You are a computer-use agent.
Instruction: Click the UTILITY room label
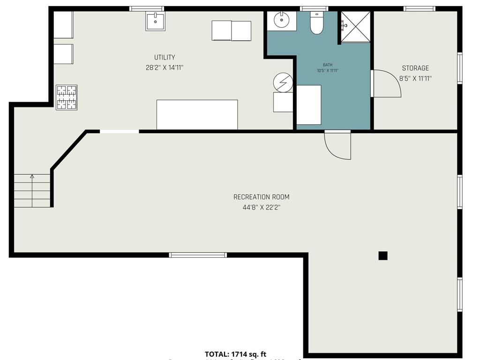point(165,58)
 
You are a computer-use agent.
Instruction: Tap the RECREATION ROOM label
point(261,197)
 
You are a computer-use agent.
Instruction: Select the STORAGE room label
point(415,68)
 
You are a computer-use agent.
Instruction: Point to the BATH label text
point(327,65)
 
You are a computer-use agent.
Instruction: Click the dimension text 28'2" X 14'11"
point(165,67)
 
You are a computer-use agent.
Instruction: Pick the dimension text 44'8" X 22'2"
point(261,207)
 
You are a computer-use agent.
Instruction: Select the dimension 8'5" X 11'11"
point(415,79)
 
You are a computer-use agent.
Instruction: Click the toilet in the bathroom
point(317,23)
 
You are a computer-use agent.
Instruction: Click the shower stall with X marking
point(355,26)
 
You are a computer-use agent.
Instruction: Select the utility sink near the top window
point(155,21)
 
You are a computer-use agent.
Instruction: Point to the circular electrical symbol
point(283,83)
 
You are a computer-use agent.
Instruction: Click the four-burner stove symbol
point(67,97)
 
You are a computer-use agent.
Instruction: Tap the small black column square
point(383,255)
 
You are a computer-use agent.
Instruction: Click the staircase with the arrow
point(32,190)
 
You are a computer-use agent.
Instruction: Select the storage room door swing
point(386,84)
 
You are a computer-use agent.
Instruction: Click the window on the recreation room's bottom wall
point(198,255)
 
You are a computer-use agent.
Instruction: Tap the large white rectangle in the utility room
point(197,114)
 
